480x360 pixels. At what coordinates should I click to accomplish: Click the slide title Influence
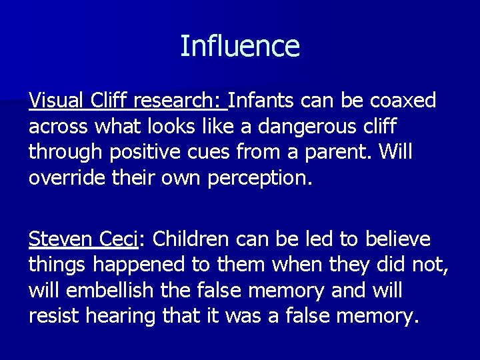240,47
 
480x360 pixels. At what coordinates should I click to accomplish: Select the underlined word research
179,101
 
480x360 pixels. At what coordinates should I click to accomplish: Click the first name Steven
61,239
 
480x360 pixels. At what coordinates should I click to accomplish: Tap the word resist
54,315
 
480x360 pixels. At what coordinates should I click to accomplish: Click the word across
59,127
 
